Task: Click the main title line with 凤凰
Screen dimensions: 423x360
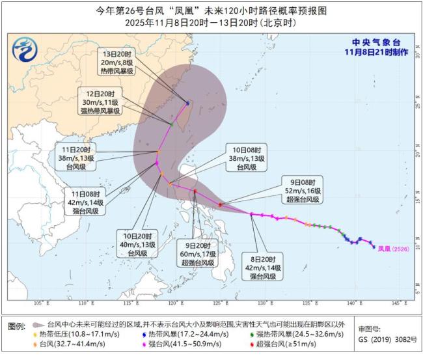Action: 211,10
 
